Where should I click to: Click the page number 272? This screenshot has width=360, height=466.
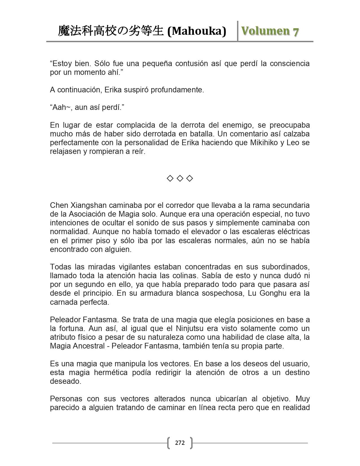coord(180,443)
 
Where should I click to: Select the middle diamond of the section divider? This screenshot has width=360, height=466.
coord(180,178)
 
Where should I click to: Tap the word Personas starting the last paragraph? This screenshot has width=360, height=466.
coord(66,399)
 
